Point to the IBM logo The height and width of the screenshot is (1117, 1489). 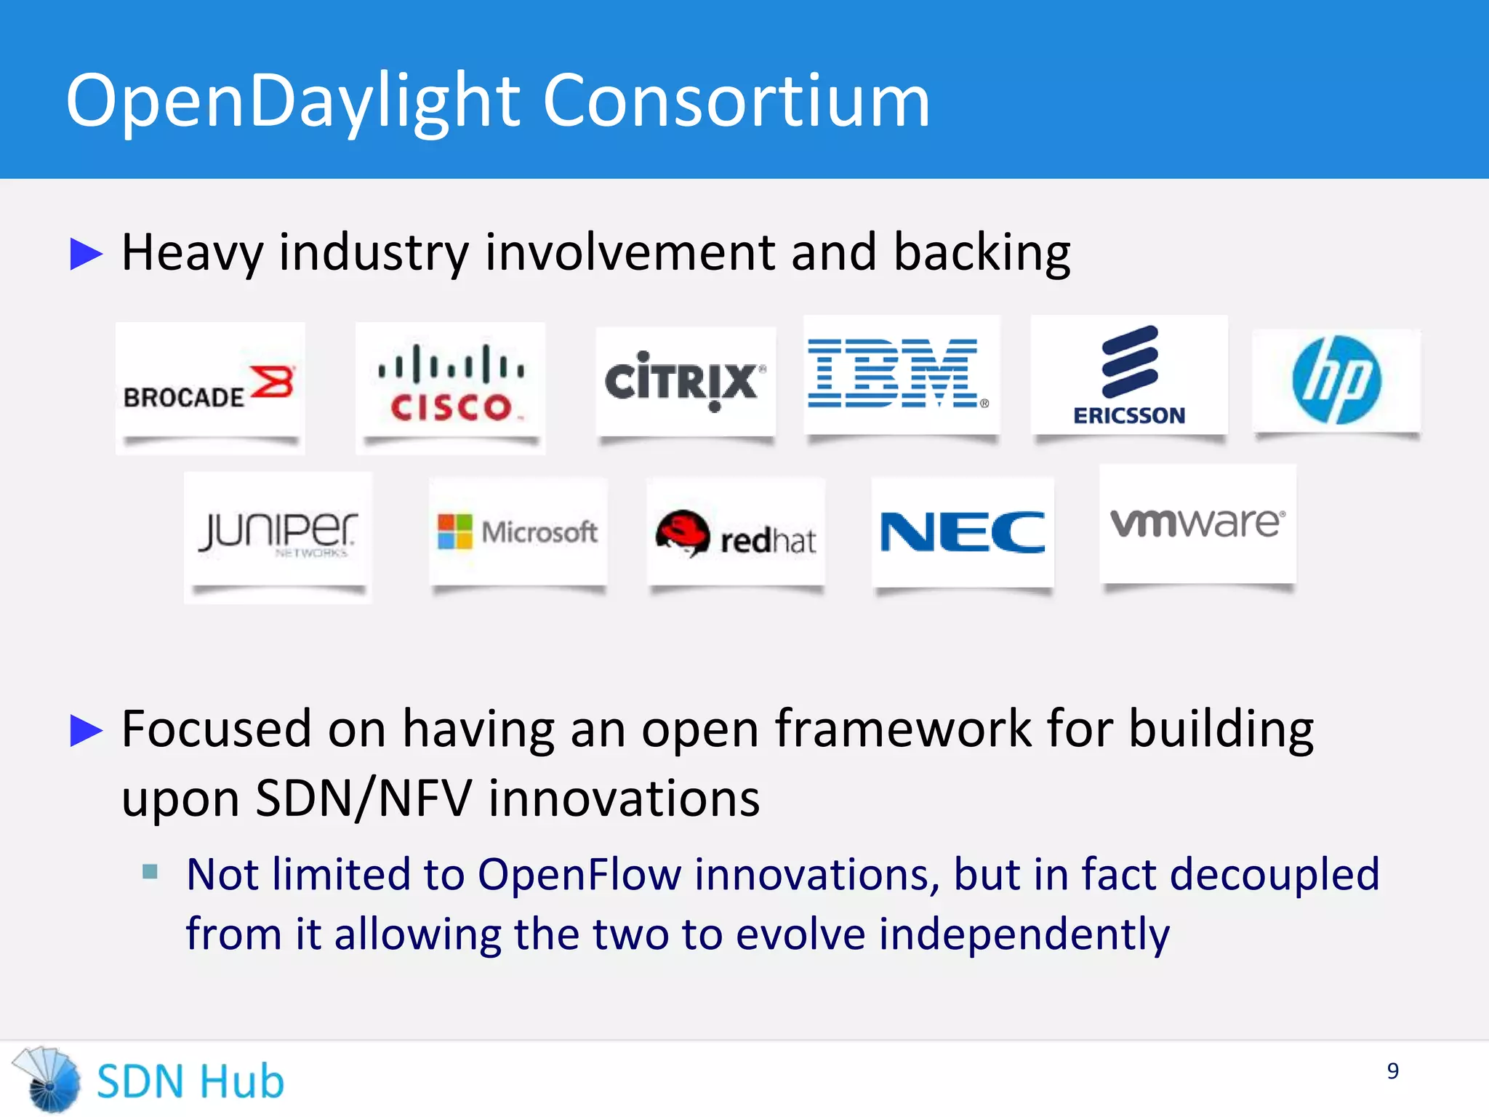click(899, 374)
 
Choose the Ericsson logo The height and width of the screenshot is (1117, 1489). click(1129, 375)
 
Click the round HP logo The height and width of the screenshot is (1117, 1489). click(1336, 380)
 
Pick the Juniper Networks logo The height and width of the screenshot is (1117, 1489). click(278, 532)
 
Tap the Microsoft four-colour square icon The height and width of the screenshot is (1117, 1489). click(454, 532)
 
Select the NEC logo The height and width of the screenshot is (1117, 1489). click(963, 532)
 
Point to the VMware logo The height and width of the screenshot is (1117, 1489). click(1197, 523)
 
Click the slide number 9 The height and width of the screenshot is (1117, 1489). click(1392, 1070)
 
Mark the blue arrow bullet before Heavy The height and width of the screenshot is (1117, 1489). click(86, 254)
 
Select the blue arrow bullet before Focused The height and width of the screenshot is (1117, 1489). click(86, 730)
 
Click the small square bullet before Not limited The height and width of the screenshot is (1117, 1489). click(150, 871)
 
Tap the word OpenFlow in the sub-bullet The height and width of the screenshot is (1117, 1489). click(579, 874)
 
